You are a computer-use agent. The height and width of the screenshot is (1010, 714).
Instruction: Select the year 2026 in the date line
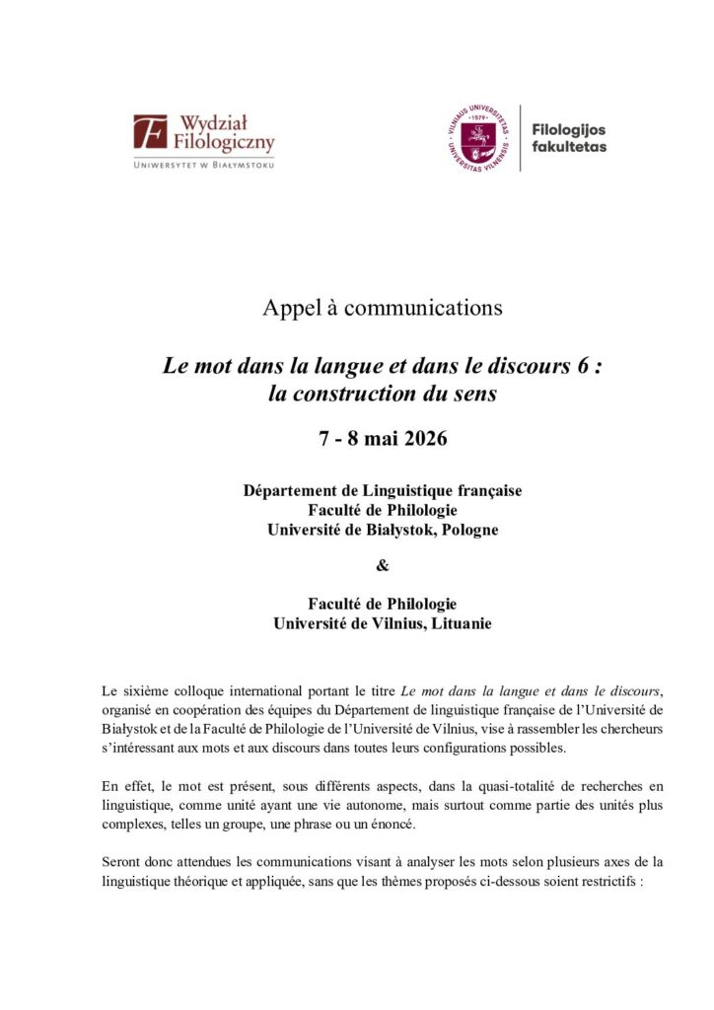pyautogui.click(x=420, y=439)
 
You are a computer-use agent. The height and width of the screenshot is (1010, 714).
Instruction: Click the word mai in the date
pyautogui.click(x=372, y=439)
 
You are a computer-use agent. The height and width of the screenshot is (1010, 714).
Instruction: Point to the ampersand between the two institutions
pyautogui.click(x=356, y=566)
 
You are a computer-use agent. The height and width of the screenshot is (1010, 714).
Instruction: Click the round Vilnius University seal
pyautogui.click(x=479, y=138)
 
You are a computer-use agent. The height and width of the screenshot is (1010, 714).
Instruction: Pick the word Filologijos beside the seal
pyautogui.click(x=568, y=130)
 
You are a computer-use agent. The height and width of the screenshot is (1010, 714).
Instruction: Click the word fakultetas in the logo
pyautogui.click(x=569, y=147)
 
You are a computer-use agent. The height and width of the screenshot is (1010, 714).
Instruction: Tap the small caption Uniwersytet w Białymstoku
pyautogui.click(x=204, y=165)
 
